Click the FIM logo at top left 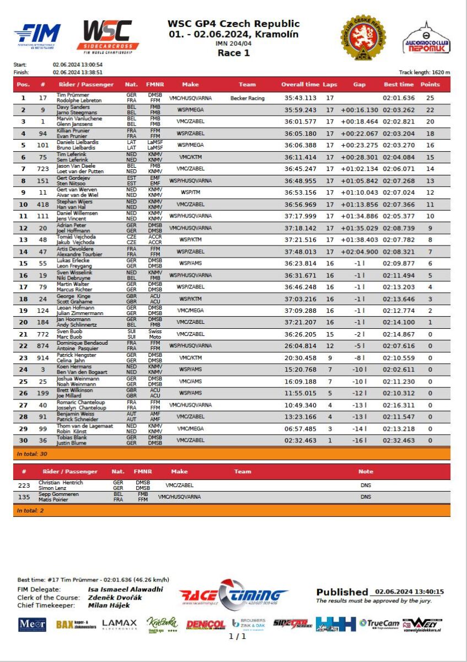(37, 36)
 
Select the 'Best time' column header (399, 84)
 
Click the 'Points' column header (430, 84)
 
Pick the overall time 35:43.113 (300, 98)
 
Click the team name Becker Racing (248, 98)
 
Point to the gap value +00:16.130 (359, 110)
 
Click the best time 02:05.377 (399, 216)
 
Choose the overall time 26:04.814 (300, 346)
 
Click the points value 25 (430, 98)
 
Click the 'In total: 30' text (29, 453)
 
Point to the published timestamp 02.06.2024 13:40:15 (409, 592)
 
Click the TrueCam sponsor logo (379, 624)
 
